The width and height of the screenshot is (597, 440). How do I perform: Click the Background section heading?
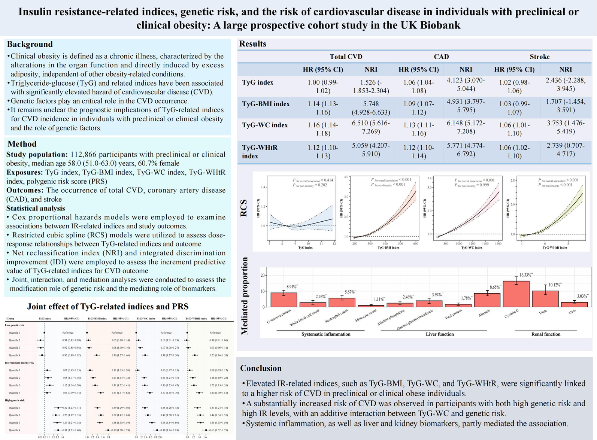[x=30, y=44]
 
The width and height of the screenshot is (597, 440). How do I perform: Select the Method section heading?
[x=22, y=144]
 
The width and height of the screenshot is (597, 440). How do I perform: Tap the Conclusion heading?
[x=261, y=368]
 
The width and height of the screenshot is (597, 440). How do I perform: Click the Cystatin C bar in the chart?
[x=516, y=294]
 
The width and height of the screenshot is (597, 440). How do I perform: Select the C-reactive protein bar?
[x=284, y=300]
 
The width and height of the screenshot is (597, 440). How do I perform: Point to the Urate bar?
[x=545, y=299]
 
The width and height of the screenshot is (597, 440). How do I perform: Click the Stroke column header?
[x=539, y=57]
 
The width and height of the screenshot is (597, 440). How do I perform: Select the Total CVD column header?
[x=346, y=57]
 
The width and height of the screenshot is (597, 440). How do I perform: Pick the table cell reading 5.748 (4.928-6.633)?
[x=371, y=108]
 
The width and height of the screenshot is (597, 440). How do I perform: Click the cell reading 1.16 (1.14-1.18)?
[x=323, y=129]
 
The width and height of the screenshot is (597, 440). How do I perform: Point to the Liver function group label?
[x=440, y=334]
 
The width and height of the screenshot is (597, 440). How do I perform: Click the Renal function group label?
[x=546, y=334]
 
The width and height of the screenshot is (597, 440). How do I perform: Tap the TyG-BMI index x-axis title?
[x=388, y=248]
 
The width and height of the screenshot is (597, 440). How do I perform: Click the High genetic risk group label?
[x=15, y=400]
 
